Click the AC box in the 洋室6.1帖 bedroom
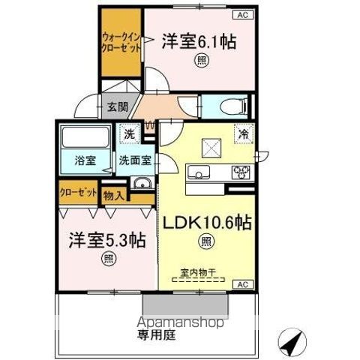243,15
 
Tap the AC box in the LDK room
243,284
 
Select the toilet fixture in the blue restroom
234,106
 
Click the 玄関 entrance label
118,106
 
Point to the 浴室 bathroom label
85,160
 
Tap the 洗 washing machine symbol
130,134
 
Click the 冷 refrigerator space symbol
244,134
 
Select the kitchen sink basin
199,172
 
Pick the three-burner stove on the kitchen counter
241,172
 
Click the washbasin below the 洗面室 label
142,183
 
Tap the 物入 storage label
114,196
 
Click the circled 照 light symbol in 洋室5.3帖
109,258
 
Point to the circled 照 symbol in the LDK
206,241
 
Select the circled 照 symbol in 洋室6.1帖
202,61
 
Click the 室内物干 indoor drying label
198,272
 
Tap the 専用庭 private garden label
156,334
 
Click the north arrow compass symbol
292,342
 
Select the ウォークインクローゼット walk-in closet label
121,43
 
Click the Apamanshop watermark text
180,322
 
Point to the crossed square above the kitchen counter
211,148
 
